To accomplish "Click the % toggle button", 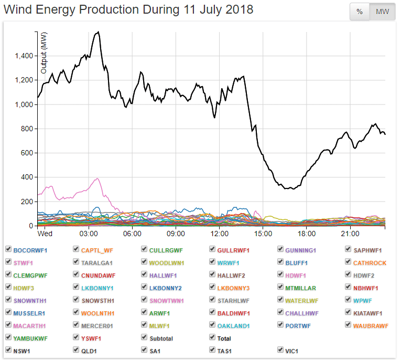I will point(360,12).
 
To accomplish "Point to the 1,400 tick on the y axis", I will point(24,56).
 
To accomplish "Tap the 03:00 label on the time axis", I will point(89,233).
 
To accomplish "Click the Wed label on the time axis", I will point(45,233).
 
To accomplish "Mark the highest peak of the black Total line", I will point(98,32).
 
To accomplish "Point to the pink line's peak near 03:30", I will point(97,178).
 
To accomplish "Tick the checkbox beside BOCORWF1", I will point(8,250).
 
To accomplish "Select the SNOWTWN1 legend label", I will point(167,300).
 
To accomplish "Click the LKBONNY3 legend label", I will point(233,288).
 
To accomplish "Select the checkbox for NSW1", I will point(8,350).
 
